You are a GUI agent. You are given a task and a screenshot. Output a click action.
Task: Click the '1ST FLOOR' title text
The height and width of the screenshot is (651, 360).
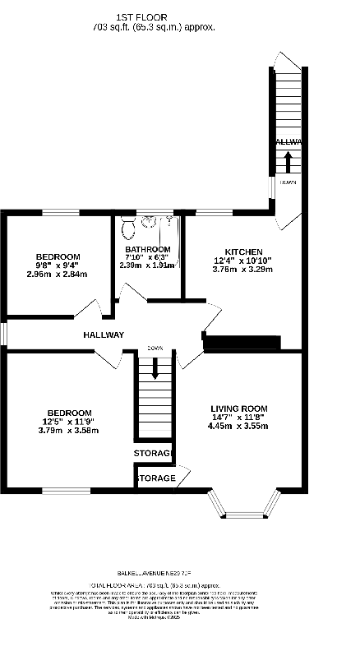tap(153, 16)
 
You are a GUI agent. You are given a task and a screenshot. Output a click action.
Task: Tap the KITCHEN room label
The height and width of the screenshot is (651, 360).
tap(244, 252)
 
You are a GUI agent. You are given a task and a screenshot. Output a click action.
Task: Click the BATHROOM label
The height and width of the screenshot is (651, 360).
tap(148, 249)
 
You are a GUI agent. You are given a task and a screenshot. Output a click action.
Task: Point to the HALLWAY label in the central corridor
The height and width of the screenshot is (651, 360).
tap(104, 335)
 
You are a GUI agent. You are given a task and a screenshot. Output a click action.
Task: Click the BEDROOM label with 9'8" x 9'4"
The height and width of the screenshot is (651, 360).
tap(58, 256)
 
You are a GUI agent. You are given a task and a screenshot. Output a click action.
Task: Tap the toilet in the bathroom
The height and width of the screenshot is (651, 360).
tap(128, 226)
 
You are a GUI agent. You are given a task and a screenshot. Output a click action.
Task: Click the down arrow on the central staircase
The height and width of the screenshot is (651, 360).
tap(154, 375)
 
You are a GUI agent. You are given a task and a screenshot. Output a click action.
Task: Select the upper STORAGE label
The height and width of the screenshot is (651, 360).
tap(154, 454)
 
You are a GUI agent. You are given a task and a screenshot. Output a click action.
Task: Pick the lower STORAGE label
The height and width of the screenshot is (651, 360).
tap(155, 478)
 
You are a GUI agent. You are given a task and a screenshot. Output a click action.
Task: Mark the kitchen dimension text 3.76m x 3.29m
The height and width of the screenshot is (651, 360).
tap(244, 269)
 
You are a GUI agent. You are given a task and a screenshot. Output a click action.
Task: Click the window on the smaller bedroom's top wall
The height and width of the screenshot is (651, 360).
tap(60, 212)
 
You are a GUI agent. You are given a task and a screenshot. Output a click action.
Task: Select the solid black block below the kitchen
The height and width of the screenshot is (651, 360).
tap(242, 343)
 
